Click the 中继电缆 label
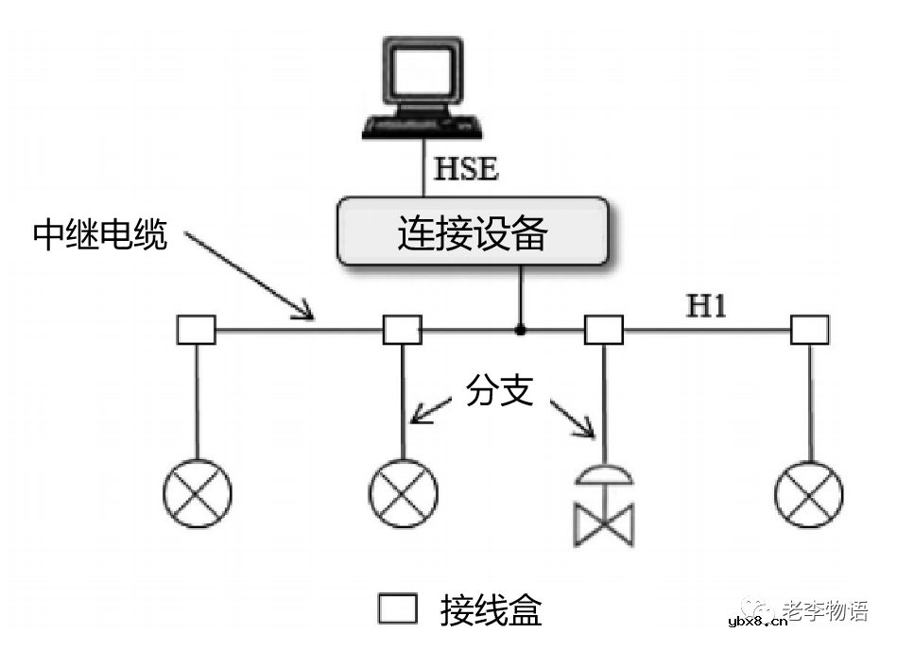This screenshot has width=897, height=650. click(100, 235)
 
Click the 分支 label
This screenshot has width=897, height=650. click(500, 388)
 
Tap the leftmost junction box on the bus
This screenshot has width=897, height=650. click(197, 330)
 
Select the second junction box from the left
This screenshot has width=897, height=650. click(402, 330)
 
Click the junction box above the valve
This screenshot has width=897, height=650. click(604, 330)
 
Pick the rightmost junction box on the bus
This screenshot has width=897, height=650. click(809, 330)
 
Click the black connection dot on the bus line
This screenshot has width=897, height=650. click(519, 330)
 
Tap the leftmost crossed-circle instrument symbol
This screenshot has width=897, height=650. click(197, 494)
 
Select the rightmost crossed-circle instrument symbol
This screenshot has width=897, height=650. click(809, 494)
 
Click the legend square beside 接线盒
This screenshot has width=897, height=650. click(398, 609)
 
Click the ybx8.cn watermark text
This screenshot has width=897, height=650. click(759, 624)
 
